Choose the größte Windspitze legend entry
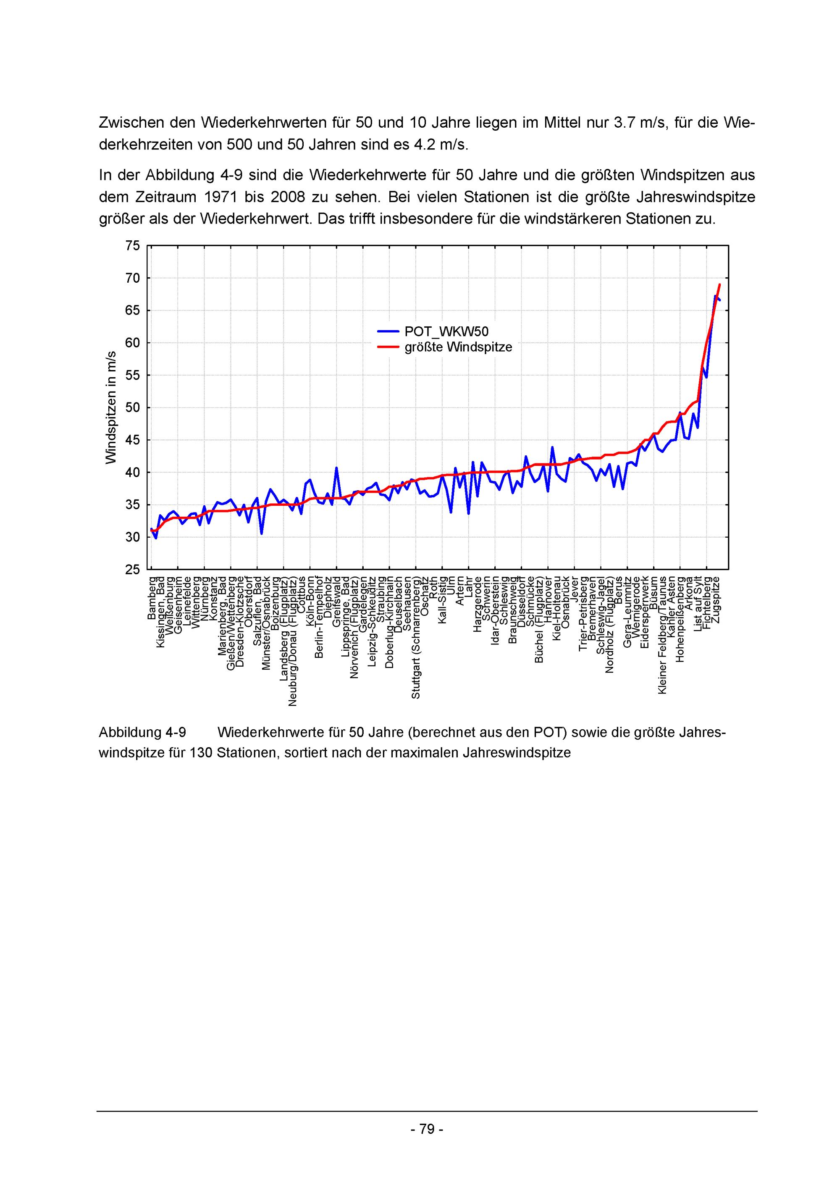click(x=458, y=347)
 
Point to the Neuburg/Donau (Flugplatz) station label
click(x=293, y=641)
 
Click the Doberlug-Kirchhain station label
click(x=389, y=621)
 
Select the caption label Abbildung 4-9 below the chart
click(x=142, y=732)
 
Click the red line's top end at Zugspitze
click(x=719, y=284)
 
